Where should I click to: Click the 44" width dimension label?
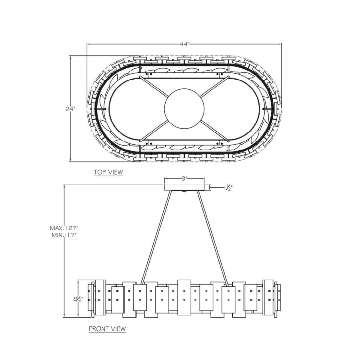(184, 44)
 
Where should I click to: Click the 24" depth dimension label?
(70, 109)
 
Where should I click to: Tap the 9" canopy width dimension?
(184, 179)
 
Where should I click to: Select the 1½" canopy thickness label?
(228, 188)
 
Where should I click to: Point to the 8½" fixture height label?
(78, 299)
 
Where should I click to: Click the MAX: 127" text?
(64, 228)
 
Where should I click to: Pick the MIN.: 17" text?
(64, 235)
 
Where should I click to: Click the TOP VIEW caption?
(108, 172)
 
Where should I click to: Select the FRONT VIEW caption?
(108, 329)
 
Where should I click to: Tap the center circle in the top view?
(184, 108)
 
